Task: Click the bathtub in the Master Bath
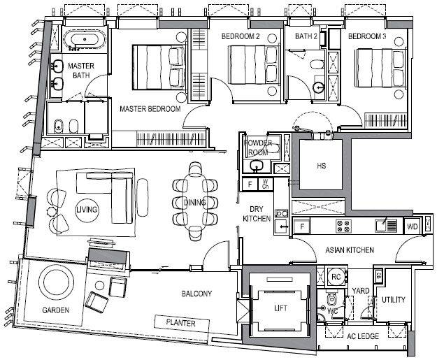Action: (x=85, y=38)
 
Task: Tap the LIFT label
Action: (x=280, y=308)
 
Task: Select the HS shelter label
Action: (x=321, y=166)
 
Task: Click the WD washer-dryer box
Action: (x=413, y=226)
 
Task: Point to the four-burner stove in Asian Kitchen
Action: (x=343, y=226)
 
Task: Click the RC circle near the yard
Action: (x=336, y=277)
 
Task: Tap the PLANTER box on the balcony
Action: (x=182, y=323)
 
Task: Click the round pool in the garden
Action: (x=56, y=282)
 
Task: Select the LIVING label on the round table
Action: (x=87, y=210)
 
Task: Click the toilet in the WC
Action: (x=331, y=300)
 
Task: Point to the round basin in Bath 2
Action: (x=318, y=88)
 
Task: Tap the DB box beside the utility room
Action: (x=378, y=277)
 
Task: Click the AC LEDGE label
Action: (x=363, y=336)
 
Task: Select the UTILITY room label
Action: (x=393, y=300)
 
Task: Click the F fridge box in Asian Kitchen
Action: (x=302, y=226)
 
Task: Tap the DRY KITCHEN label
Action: (x=257, y=214)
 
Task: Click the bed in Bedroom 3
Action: (x=380, y=68)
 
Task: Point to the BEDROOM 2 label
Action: (x=241, y=36)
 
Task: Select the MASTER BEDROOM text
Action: (x=150, y=108)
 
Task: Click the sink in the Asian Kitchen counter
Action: (x=382, y=225)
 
